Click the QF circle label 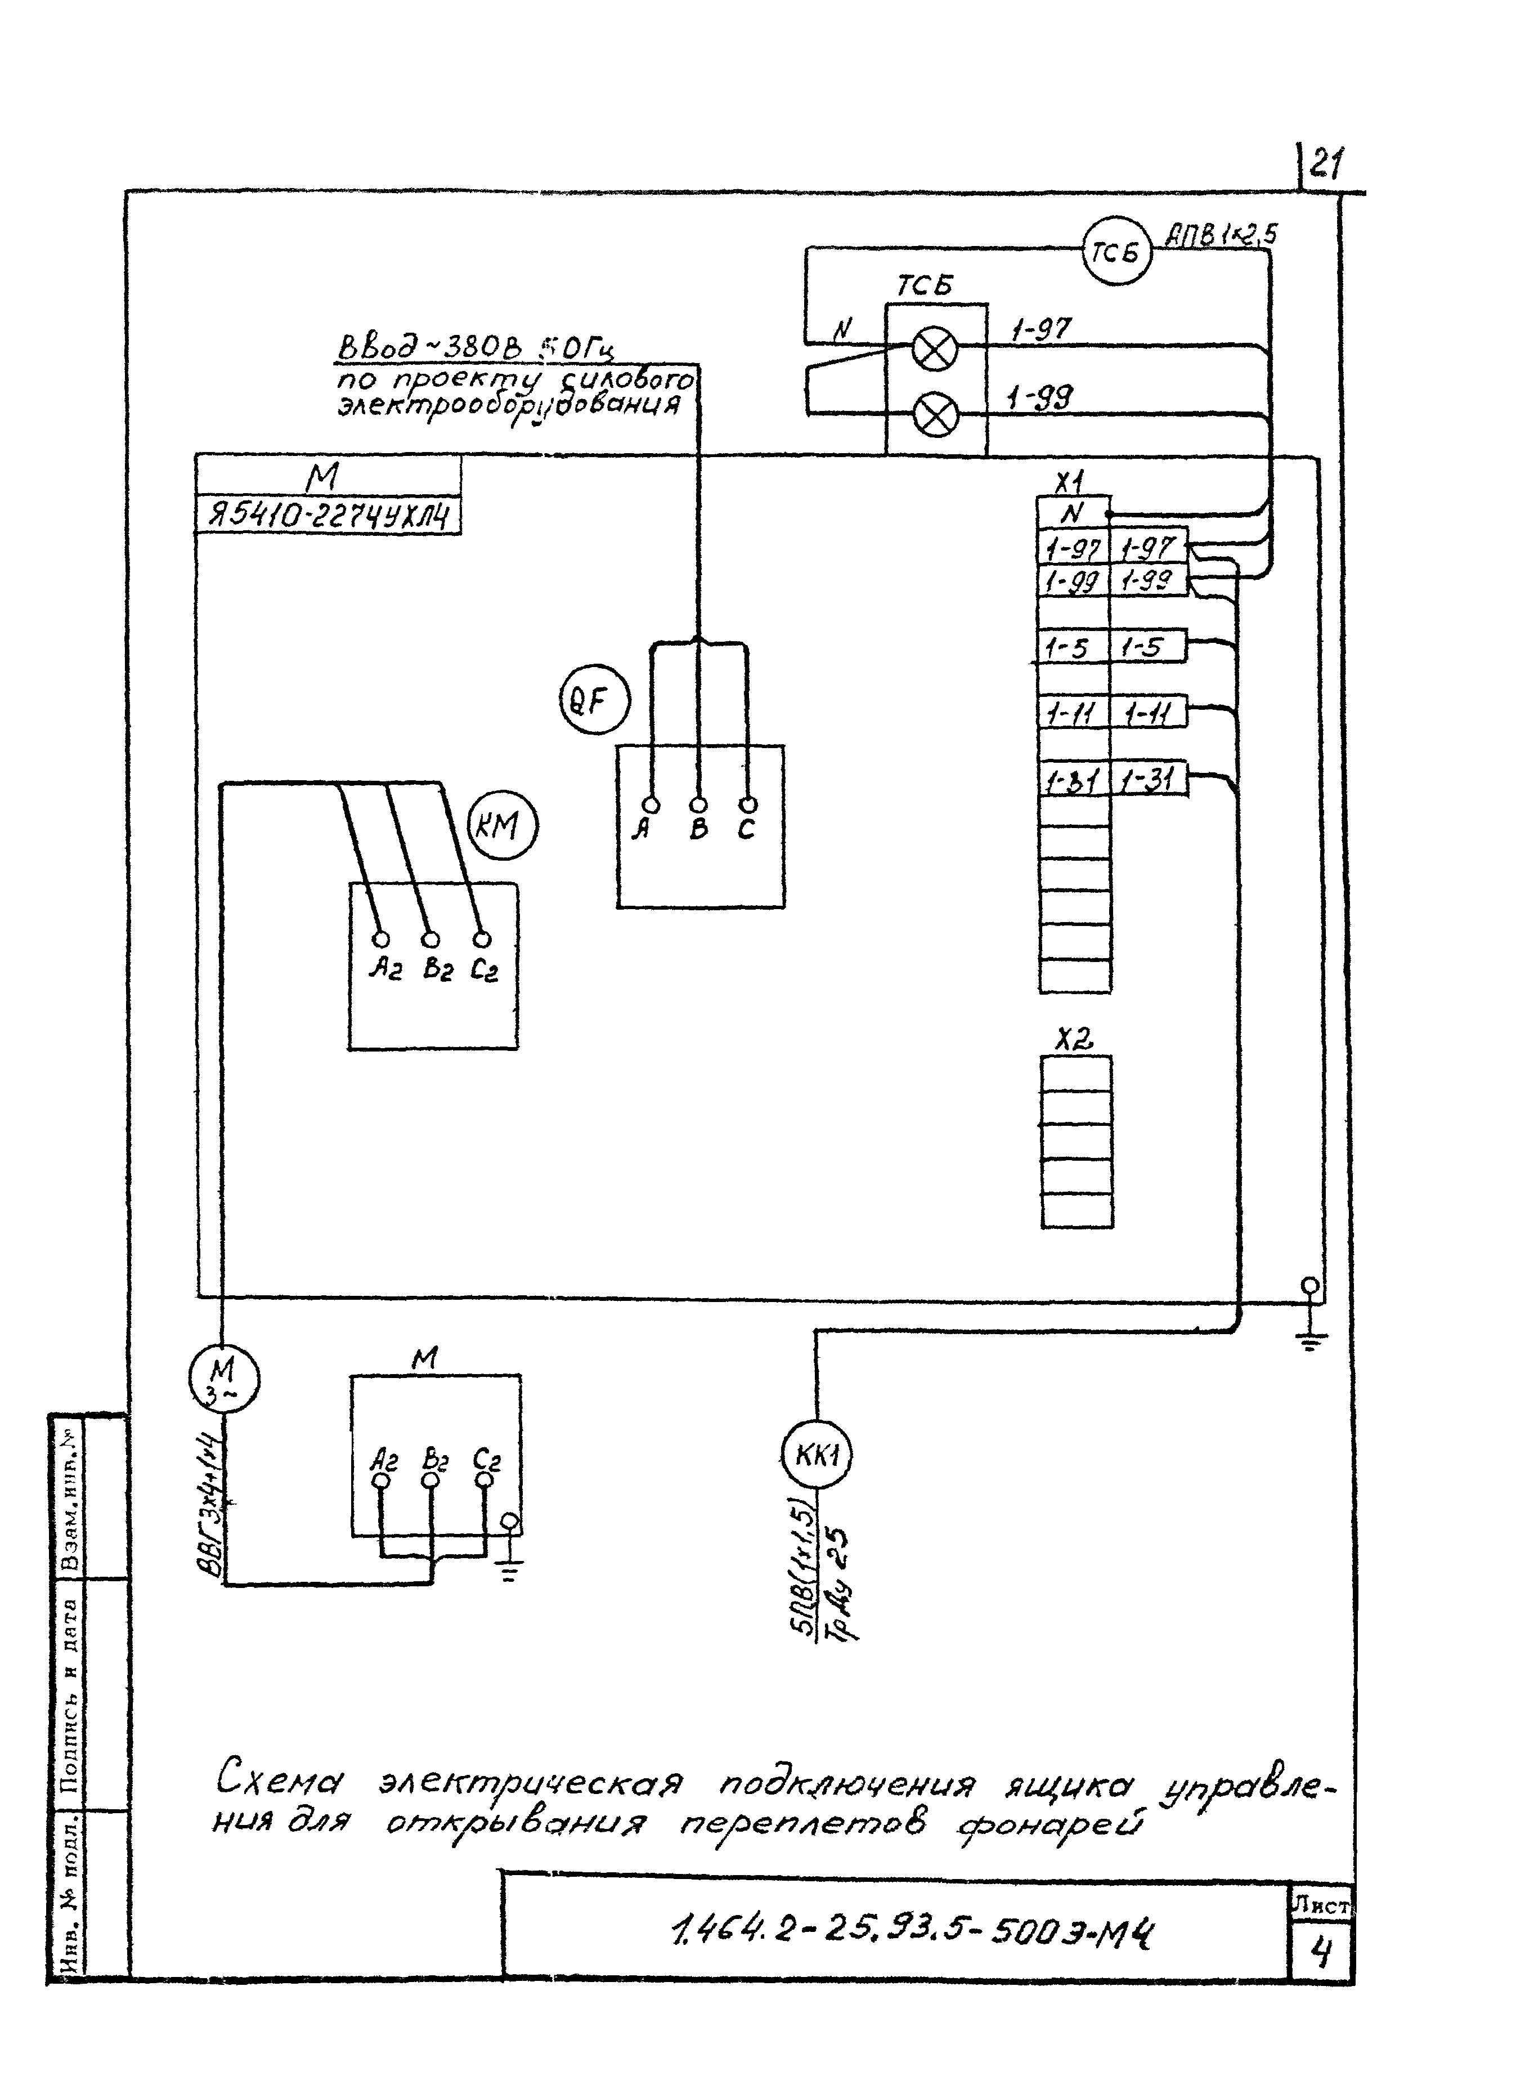click(x=594, y=701)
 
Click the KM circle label click(x=503, y=825)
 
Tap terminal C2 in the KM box click(x=481, y=941)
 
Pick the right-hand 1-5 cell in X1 click(x=1147, y=647)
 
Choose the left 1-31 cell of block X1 click(x=1073, y=782)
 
